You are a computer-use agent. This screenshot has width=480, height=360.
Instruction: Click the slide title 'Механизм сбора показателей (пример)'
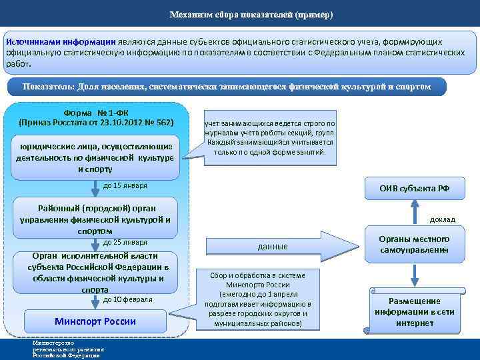[x=251, y=15]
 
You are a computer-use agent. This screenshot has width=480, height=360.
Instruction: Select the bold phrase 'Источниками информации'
[x=60, y=41]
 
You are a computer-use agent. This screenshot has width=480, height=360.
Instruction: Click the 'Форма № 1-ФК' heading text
[x=96, y=112]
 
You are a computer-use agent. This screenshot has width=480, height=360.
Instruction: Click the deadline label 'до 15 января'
[x=125, y=185]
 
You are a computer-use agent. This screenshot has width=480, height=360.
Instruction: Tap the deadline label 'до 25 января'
[x=125, y=241]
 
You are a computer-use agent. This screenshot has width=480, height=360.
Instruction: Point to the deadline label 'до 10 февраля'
[x=128, y=299]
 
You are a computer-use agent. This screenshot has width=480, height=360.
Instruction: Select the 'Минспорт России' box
[x=95, y=321]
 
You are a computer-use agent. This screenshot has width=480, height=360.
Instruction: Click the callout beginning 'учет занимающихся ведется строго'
[x=271, y=138]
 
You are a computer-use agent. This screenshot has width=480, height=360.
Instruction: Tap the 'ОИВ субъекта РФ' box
[x=414, y=188]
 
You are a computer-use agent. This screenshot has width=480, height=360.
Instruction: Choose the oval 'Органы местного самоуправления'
[x=414, y=244]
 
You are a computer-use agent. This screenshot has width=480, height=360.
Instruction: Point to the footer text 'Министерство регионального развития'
[x=67, y=349]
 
